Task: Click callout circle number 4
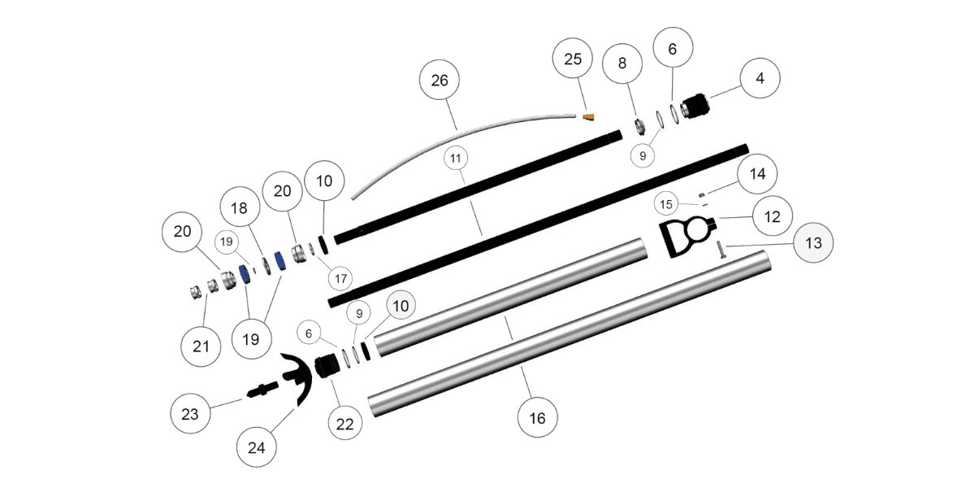pos(760,79)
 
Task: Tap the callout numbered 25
pos(574,59)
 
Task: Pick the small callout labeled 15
pos(666,203)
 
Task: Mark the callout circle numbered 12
pos(772,217)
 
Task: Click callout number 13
pos(814,243)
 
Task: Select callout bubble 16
pos(538,418)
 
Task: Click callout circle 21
pos(201,346)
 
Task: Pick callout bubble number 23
pos(189,414)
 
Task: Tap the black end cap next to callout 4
pos(694,107)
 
